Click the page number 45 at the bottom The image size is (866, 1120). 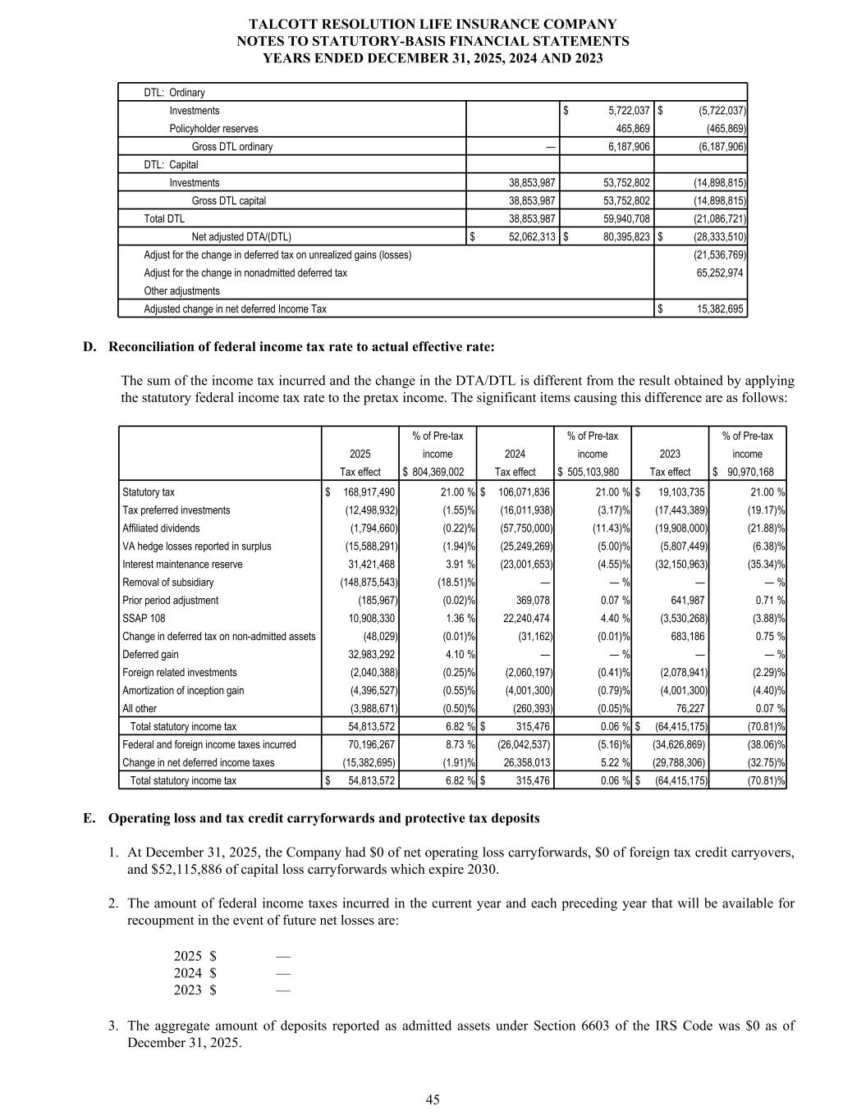(x=433, y=1100)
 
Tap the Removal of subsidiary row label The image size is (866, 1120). (x=167, y=583)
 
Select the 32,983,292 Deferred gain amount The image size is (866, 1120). (x=373, y=655)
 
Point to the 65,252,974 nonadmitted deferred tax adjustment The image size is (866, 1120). (x=719, y=272)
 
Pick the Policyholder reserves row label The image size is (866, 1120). (x=213, y=129)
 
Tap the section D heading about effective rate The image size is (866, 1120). (x=301, y=346)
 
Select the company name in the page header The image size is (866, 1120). (x=433, y=25)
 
